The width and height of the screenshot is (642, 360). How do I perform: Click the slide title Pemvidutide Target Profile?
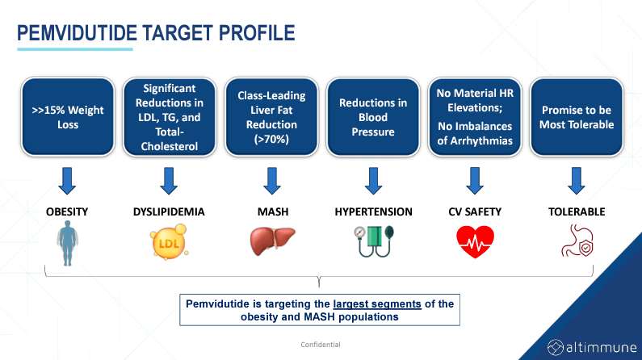[156, 33]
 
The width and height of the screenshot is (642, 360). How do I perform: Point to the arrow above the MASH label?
[269, 180]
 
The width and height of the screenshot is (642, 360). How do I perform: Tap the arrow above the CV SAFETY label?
[474, 180]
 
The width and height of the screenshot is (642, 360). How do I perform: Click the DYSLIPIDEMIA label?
[168, 211]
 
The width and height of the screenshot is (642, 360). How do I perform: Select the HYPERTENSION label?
[372, 211]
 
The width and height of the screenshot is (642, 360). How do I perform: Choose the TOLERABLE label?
[576, 211]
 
